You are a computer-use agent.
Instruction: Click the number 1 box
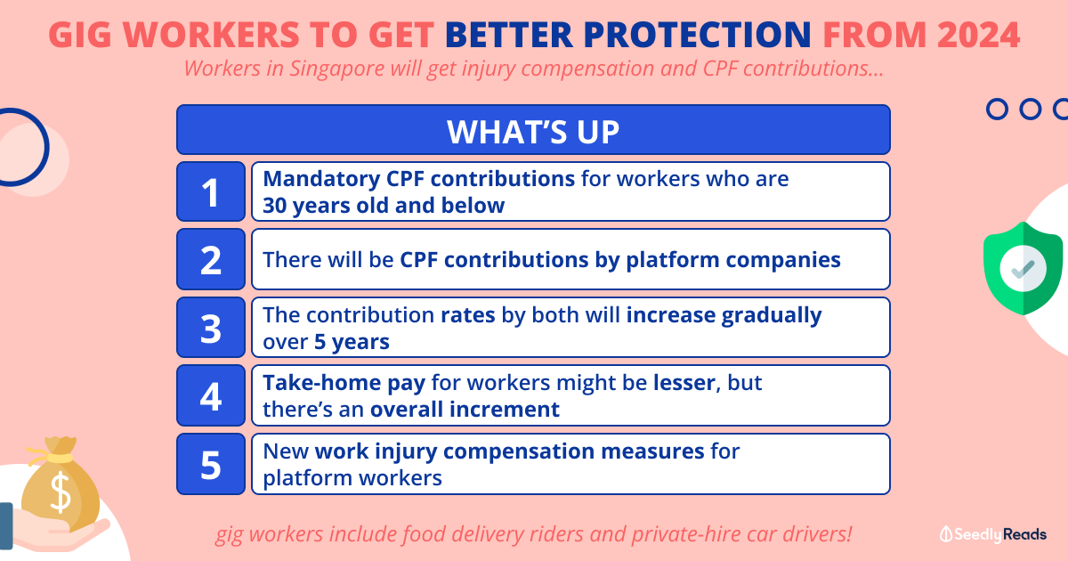(211, 191)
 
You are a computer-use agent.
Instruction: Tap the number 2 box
(211, 259)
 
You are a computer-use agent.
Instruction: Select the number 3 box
(211, 328)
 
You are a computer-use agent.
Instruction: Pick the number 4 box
(211, 395)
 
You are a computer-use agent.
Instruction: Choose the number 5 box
(211, 464)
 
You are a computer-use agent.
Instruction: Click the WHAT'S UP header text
(533, 132)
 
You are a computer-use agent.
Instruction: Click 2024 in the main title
(978, 35)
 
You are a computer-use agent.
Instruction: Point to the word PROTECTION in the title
(697, 35)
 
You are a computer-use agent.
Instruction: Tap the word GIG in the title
(80, 35)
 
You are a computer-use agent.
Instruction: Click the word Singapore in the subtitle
(336, 69)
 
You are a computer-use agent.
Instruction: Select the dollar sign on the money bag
(61, 492)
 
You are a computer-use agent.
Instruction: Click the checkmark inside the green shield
(1023, 269)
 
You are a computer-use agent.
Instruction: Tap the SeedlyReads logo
(993, 534)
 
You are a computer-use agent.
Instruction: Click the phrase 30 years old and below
(384, 206)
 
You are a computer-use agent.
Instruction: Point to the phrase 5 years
(352, 342)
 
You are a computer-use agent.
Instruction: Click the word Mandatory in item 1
(321, 179)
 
